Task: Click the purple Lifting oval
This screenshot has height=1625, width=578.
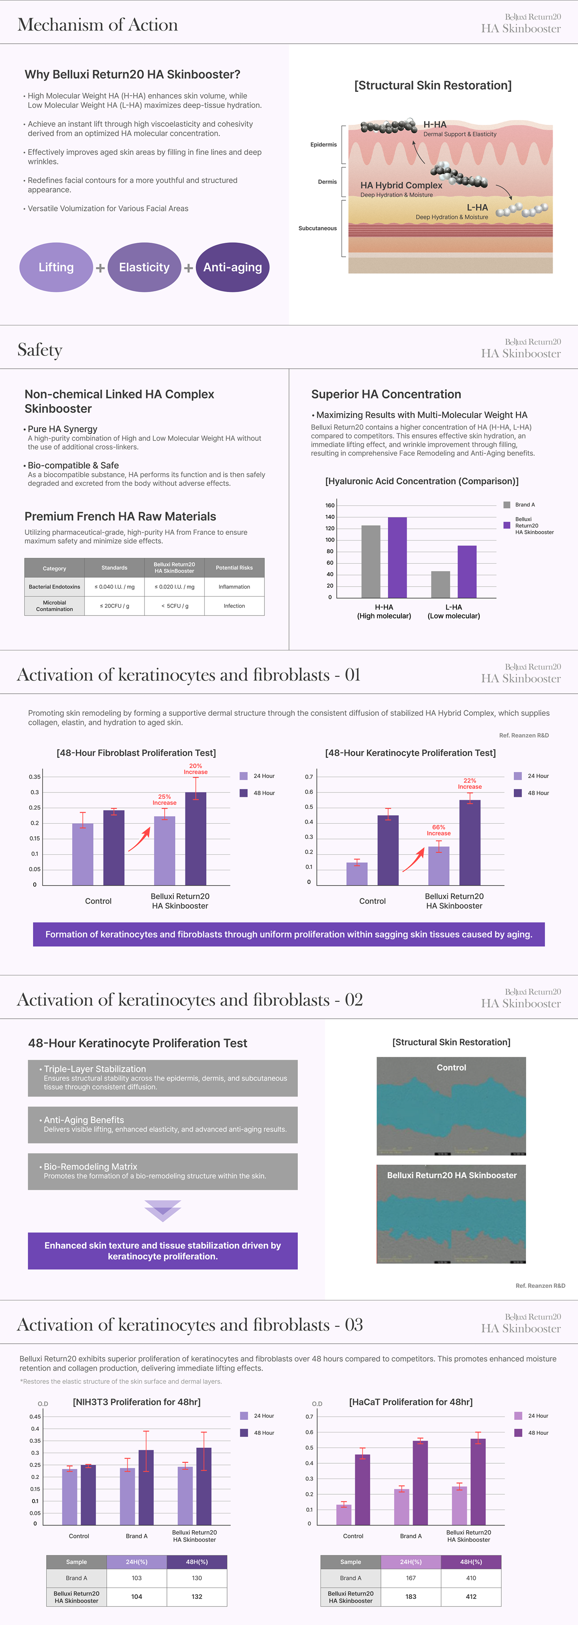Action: (56, 268)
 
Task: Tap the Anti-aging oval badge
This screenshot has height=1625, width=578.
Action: (232, 268)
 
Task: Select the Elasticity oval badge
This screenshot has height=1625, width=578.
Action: (144, 268)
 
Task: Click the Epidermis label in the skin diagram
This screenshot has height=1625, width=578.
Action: (323, 144)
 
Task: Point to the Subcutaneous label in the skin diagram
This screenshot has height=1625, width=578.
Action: (317, 228)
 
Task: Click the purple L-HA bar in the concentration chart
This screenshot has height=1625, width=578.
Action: (467, 571)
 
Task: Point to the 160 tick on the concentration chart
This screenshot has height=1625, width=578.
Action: (330, 505)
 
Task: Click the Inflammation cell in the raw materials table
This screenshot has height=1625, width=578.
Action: (234, 587)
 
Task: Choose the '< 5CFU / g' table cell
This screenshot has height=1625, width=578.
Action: (174, 605)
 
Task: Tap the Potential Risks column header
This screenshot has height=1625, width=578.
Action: (234, 568)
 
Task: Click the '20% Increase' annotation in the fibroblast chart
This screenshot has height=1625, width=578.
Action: (195, 769)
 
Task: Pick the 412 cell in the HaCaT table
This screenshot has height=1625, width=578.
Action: (471, 1597)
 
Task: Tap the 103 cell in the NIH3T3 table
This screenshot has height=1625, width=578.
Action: (136, 1578)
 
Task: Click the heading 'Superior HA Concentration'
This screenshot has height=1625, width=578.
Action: (386, 394)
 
